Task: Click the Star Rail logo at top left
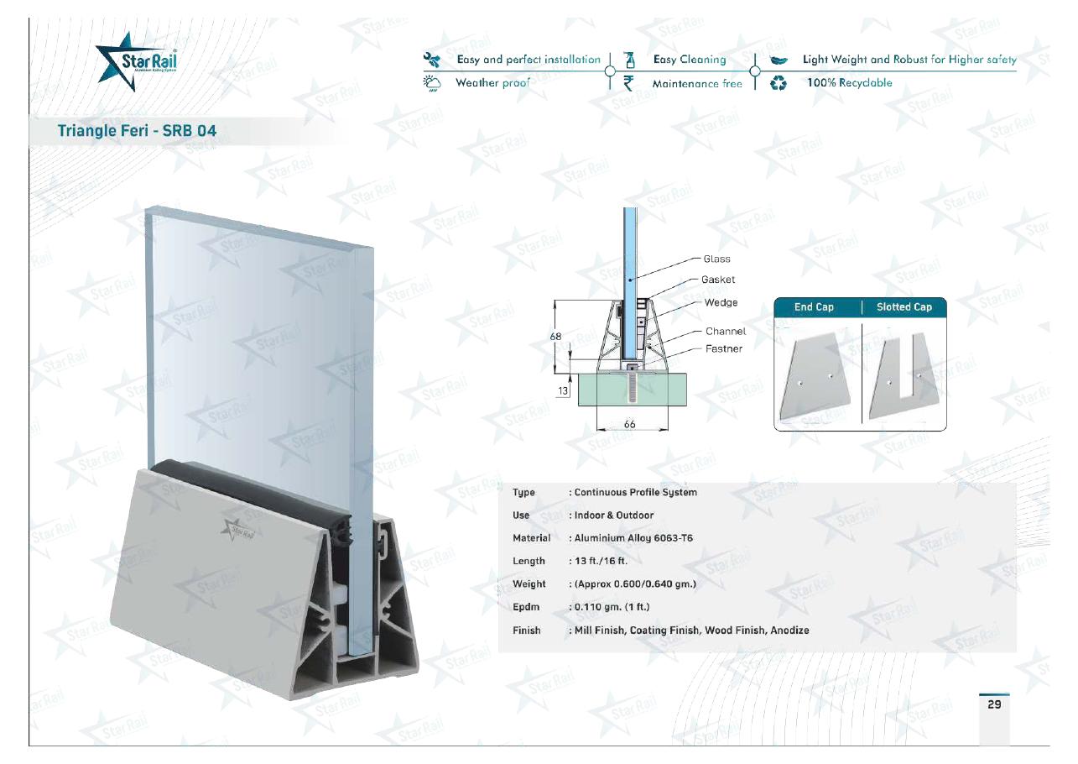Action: [x=136, y=61]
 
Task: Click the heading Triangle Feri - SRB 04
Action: [x=137, y=130]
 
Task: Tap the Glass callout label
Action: [x=716, y=259]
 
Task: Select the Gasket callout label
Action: [x=718, y=280]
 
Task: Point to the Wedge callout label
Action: [x=721, y=302]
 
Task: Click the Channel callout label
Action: [x=726, y=332]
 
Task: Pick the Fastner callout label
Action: [x=724, y=348]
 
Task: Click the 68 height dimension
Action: [x=555, y=337]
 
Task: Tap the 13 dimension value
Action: [x=563, y=391]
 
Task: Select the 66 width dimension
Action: [x=629, y=424]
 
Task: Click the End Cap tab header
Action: [x=814, y=306]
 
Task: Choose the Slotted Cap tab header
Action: [x=904, y=306]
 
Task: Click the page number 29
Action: [x=994, y=704]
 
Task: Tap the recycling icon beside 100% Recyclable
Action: [x=778, y=84]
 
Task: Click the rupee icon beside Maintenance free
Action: [x=628, y=83]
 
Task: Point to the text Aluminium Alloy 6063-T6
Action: [x=633, y=538]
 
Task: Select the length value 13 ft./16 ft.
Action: [x=601, y=561]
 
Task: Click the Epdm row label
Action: [x=526, y=607]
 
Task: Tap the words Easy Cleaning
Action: [x=690, y=60]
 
